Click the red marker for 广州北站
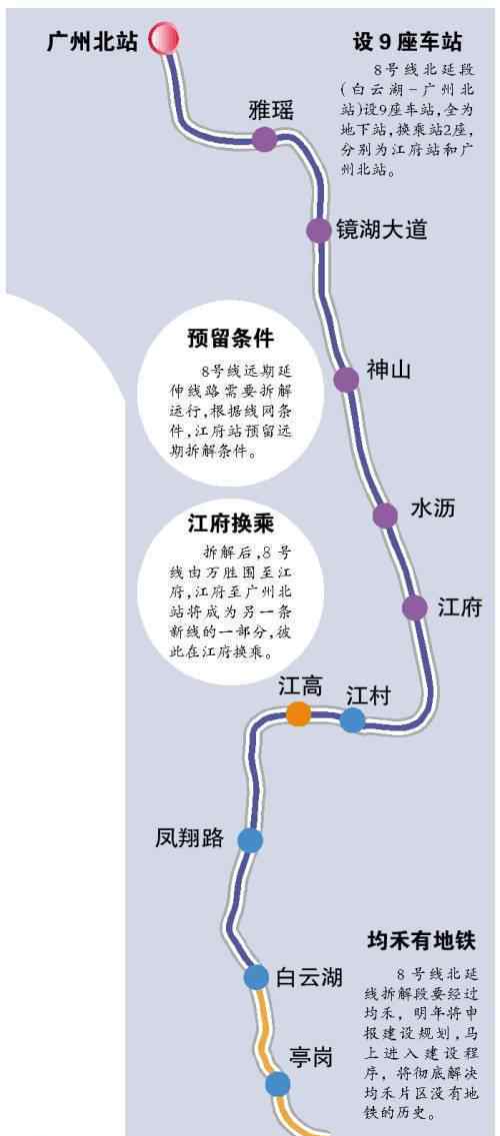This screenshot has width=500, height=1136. tap(164, 38)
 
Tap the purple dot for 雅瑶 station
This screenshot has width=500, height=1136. tap(264, 139)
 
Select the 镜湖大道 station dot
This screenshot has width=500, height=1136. tap(318, 231)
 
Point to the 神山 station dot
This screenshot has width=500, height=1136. tap(346, 379)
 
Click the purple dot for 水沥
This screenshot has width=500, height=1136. tap(386, 516)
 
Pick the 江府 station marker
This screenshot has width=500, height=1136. tap(415, 607)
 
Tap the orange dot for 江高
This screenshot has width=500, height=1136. tap(299, 714)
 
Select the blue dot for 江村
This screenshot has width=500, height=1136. tap(352, 720)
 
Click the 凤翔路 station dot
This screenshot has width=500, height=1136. tap(250, 840)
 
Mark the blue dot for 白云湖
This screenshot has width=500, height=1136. tap(256, 977)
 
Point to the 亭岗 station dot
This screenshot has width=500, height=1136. tap(278, 1085)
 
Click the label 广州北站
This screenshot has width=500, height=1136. tap(92, 42)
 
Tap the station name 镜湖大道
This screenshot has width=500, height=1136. tap(381, 230)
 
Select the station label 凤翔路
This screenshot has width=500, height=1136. tap(190, 838)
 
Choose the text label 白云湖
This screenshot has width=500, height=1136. tap(309, 977)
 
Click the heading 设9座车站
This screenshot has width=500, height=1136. tap(407, 42)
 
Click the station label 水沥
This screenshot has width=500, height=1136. tap(433, 509)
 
